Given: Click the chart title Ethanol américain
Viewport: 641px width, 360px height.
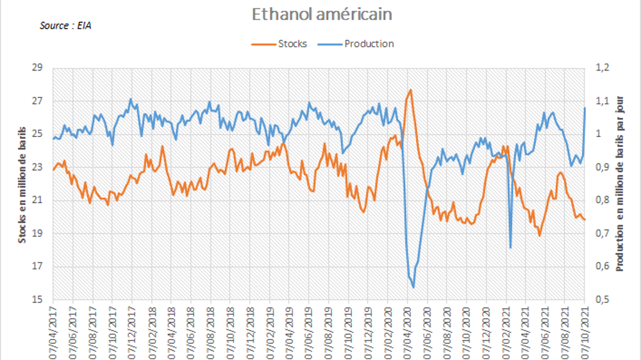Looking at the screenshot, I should tap(321, 13).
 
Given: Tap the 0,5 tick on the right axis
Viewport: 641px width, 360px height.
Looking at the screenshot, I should tap(604, 300).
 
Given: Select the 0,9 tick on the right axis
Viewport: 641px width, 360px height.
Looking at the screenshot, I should tap(604, 167).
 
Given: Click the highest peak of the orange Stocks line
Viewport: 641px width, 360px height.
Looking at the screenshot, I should tap(410, 90).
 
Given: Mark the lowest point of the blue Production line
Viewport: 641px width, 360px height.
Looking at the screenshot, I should tap(413, 288).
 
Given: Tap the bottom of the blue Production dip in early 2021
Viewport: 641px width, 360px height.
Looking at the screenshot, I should tap(510, 248).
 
